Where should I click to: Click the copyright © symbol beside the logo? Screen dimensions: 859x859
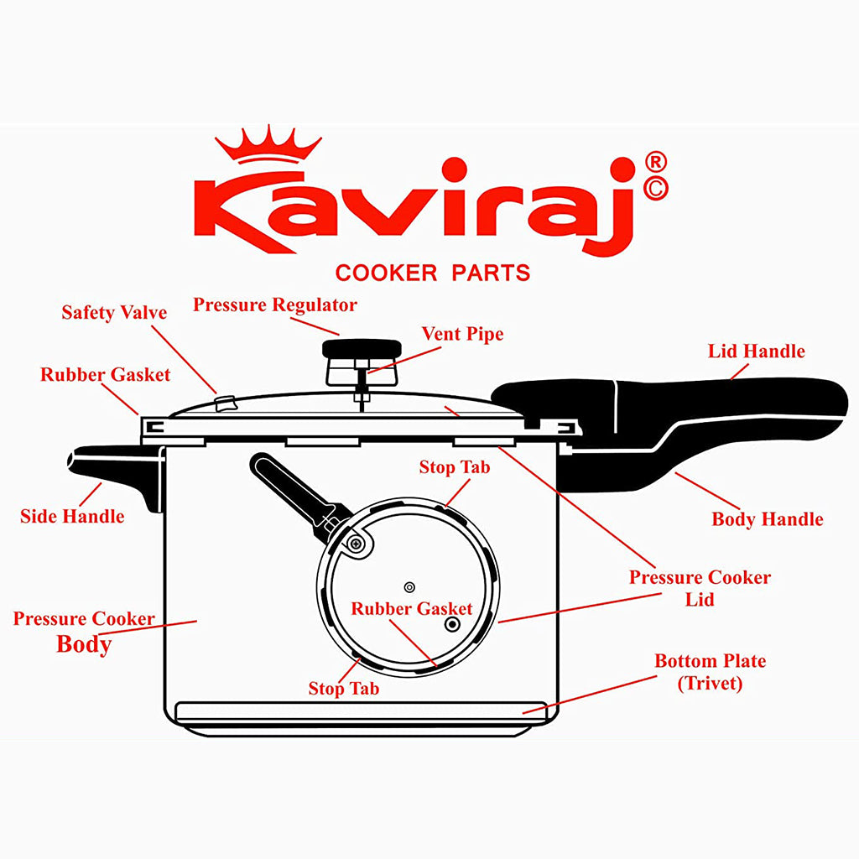[657, 190]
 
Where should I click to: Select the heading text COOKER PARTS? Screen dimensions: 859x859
[432, 273]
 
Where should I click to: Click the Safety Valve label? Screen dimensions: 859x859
[114, 313]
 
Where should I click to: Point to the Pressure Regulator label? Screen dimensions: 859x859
[275, 305]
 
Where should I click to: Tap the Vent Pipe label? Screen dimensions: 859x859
[462, 334]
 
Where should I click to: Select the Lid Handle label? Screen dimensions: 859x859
[756, 351]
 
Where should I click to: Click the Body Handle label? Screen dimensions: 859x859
[767, 519]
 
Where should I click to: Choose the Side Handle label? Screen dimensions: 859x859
[72, 516]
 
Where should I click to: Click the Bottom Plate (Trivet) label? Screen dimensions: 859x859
[710, 672]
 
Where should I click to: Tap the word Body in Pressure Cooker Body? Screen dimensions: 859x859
[84, 644]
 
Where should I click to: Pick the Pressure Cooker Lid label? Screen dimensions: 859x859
[700, 588]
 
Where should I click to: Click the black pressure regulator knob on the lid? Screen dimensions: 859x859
[362, 347]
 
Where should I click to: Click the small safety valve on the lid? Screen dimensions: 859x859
[224, 403]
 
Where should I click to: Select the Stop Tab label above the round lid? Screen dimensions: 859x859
[455, 467]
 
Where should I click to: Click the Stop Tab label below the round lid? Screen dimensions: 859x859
[343, 689]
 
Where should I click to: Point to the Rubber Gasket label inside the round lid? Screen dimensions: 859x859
[411, 609]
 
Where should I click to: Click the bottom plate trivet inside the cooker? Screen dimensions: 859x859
[361, 711]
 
